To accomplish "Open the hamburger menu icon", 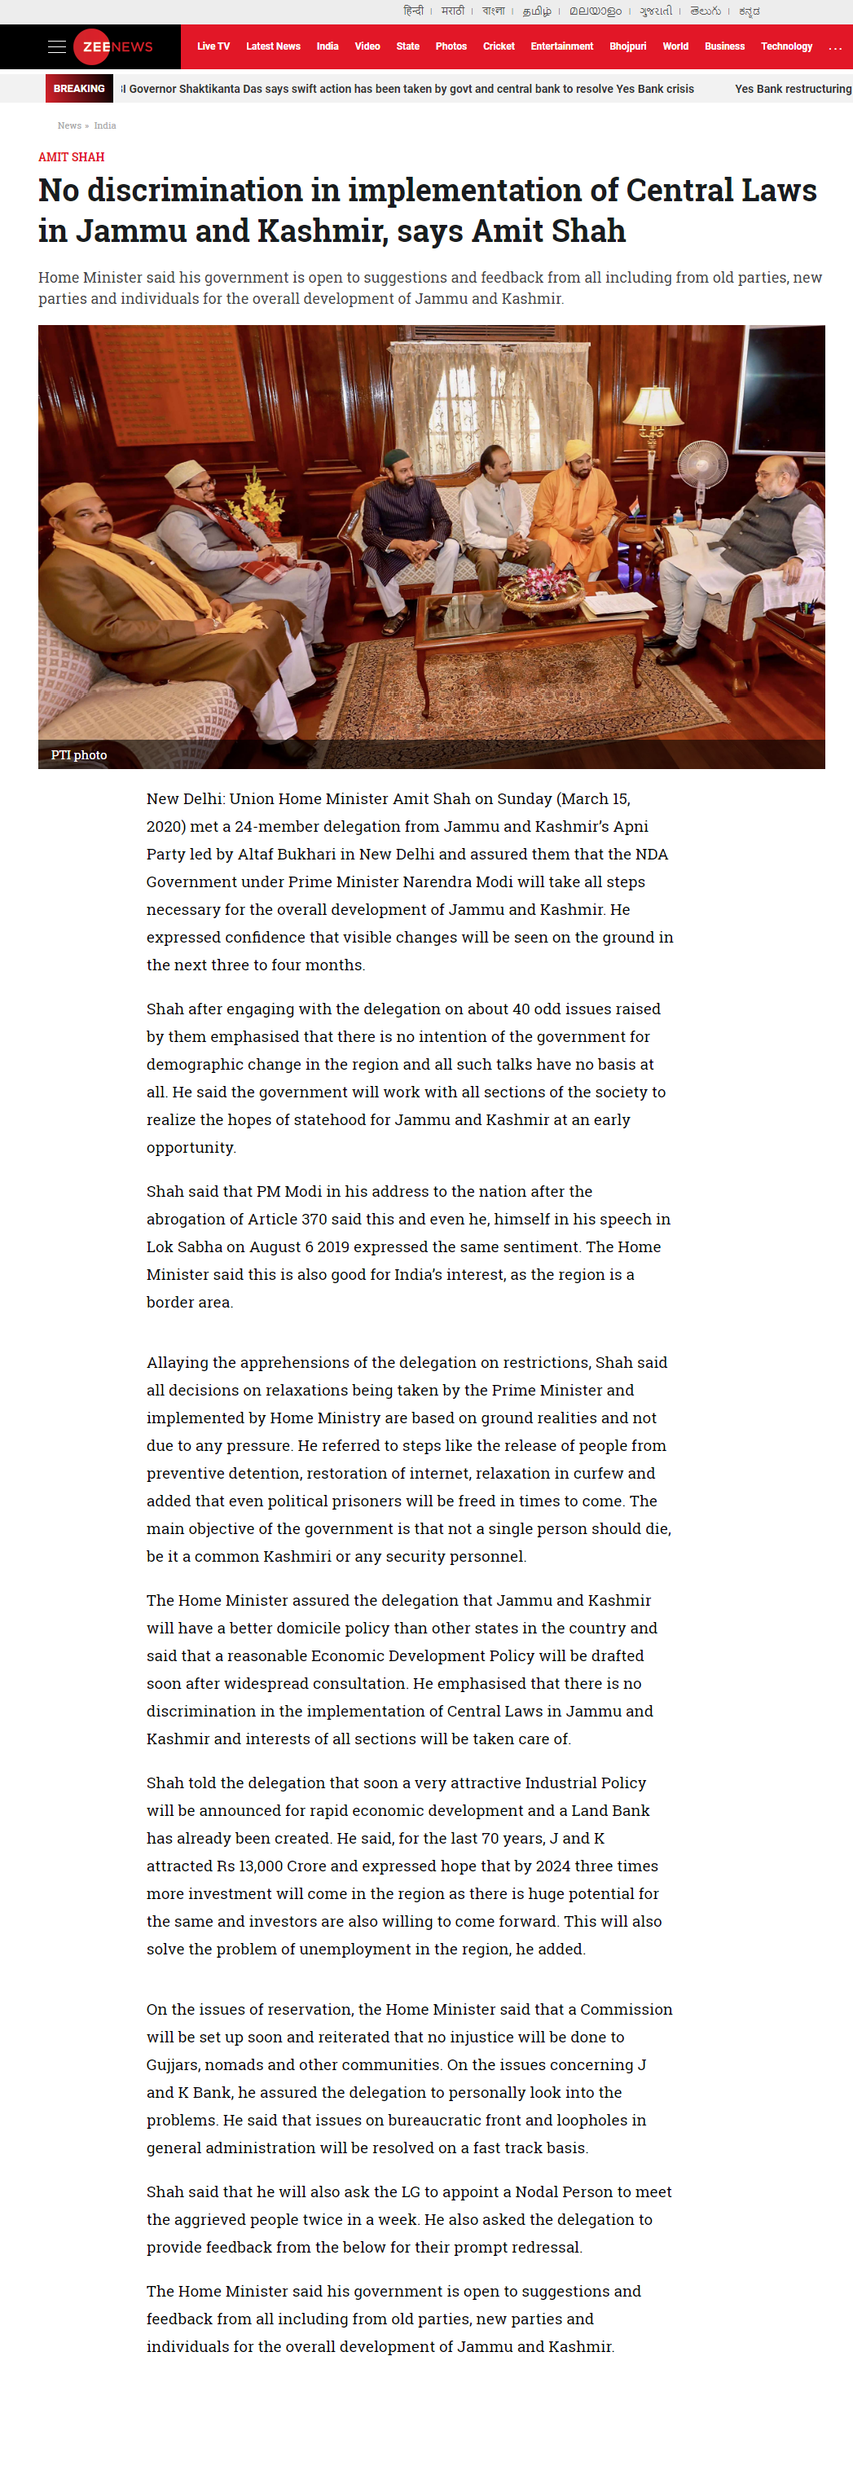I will pos(57,46).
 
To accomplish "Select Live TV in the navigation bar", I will pos(213,46).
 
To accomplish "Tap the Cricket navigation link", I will pos(499,46).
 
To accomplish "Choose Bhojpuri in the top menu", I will pos(627,46).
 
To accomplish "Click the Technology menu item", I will pos(785,46).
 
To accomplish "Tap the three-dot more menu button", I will pos(835,47).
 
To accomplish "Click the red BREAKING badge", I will pos(79,88).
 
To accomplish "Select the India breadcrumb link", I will pos(105,125).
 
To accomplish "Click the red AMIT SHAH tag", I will pos(71,156).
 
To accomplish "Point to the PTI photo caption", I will pos(79,755).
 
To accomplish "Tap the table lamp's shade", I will pos(654,407).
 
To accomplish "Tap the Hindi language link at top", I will pos(413,11).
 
